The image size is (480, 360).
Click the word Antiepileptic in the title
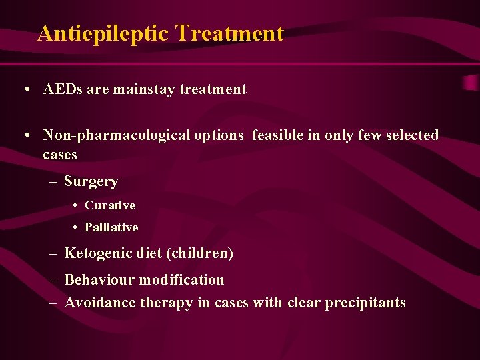point(103,33)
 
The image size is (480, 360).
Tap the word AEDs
point(63,89)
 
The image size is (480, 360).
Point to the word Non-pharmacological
point(143,135)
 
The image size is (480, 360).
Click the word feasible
point(277,135)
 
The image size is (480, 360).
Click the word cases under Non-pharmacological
point(60,155)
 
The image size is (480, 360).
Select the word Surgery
point(91,181)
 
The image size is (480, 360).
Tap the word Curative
point(110,205)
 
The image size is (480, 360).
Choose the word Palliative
point(111,227)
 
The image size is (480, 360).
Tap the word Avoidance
point(100,303)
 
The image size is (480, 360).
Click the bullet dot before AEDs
point(25,90)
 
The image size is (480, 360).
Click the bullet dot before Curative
point(77,206)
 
